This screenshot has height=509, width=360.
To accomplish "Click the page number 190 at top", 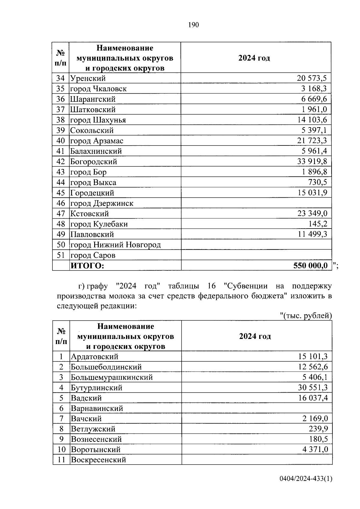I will point(193,25).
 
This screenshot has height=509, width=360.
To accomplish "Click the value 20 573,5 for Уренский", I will point(312,79).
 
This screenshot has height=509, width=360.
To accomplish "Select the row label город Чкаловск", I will point(98,89).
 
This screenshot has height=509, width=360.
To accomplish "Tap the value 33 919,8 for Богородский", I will point(312,162).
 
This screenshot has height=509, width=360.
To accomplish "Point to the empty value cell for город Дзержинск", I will point(256,203).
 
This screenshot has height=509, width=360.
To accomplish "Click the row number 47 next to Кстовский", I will point(61,214).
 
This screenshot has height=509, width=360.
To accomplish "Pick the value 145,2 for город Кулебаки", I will point(318,224).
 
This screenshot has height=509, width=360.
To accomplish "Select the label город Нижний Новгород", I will point(115,245).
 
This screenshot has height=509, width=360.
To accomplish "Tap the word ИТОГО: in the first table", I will point(87,266).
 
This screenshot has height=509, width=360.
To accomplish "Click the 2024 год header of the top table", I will point(254,58).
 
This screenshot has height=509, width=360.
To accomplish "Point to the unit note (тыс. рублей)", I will point(306,316).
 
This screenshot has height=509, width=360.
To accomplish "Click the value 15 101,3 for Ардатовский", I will point(313,357).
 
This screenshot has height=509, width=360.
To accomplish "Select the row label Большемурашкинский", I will point(112,377).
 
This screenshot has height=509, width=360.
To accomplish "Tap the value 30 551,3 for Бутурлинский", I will point(313,388).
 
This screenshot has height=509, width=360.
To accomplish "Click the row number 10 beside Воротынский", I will point(61,450).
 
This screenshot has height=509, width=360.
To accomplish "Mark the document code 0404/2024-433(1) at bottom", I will point(306,487).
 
